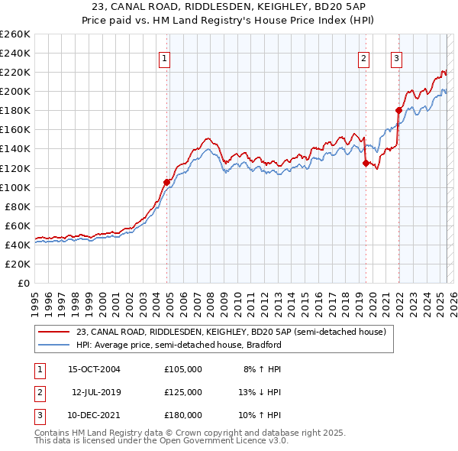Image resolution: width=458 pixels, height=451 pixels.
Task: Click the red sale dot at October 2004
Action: point(166,182)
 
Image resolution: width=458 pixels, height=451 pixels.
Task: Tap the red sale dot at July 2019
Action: point(366,163)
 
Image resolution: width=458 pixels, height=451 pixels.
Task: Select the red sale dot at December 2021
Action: point(398,110)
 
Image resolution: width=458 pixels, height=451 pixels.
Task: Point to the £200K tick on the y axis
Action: point(15,91)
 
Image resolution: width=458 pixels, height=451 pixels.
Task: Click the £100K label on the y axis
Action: point(15,187)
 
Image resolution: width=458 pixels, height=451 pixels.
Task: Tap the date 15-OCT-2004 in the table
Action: point(95,369)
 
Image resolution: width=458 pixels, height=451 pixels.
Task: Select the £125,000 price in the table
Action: point(183,392)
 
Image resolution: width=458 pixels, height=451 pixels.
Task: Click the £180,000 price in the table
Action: point(183,415)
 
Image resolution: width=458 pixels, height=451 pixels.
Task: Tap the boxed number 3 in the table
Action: point(38,415)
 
